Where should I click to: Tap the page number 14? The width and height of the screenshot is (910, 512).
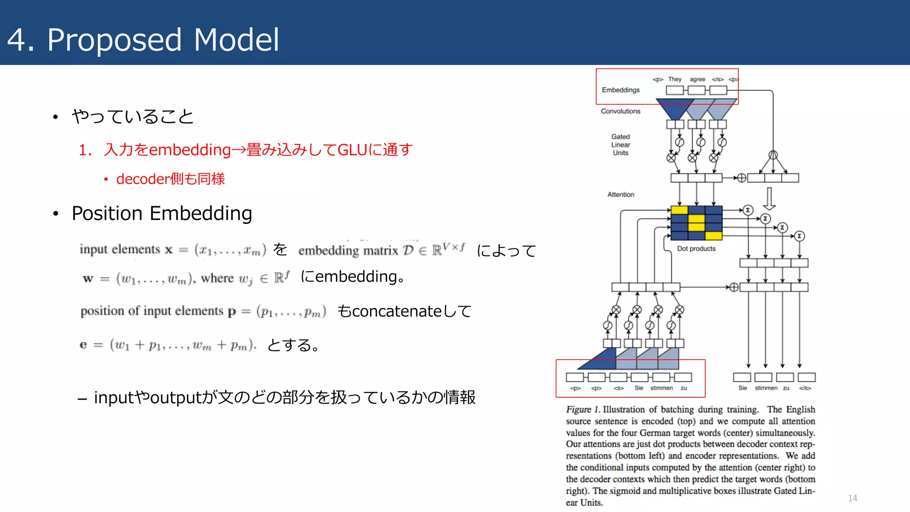coord(852,498)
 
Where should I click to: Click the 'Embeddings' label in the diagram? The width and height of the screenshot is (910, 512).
coord(620,90)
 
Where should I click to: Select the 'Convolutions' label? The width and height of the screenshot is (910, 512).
coord(620,111)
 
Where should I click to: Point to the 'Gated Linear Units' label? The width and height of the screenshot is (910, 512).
coord(620,144)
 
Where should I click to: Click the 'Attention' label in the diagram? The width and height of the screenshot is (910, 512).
coord(620,195)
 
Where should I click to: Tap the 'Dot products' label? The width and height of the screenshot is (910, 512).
coord(696,248)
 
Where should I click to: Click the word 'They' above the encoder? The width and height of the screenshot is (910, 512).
coord(675,79)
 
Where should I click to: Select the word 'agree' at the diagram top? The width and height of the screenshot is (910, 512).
coord(697,79)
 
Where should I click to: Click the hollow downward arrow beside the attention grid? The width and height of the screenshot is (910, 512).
coord(769,198)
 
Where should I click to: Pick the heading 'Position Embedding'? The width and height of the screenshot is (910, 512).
coord(162,213)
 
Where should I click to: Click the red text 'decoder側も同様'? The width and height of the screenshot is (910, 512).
coord(171,179)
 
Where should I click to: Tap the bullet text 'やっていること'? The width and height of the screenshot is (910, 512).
coord(132,116)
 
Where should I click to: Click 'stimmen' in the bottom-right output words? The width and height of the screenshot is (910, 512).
coord(766,388)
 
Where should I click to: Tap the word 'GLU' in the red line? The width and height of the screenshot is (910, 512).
coord(352,150)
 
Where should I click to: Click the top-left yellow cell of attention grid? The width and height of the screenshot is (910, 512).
coord(679,210)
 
